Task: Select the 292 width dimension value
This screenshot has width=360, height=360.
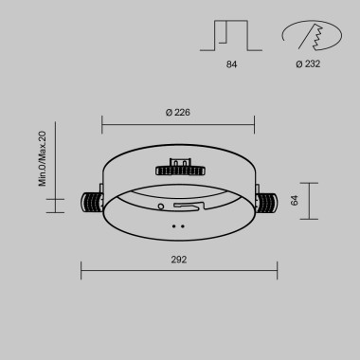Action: click(179, 259)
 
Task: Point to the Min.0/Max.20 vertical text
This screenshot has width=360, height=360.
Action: click(43, 158)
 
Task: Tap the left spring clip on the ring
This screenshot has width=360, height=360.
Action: click(91, 201)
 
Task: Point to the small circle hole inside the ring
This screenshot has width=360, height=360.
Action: click(162, 205)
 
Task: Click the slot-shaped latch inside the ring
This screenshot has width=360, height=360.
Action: click(189, 205)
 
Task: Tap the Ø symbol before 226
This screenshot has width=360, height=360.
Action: click(167, 113)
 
